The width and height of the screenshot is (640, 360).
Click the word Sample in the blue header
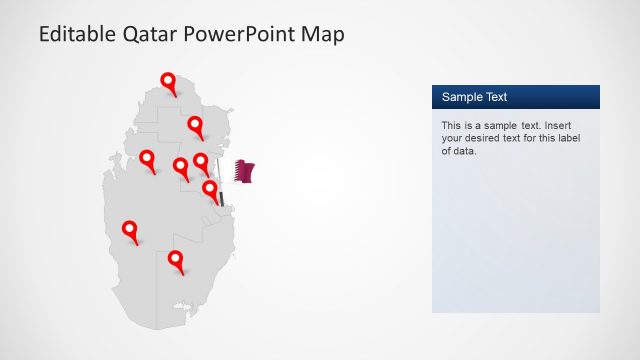(x=463, y=97)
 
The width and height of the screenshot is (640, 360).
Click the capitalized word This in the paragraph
(x=451, y=126)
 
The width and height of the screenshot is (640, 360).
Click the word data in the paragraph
(x=465, y=152)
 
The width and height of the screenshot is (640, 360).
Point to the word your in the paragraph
(x=453, y=139)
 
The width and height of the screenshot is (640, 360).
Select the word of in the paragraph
(x=447, y=152)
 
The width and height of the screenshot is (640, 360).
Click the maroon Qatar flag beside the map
(x=244, y=171)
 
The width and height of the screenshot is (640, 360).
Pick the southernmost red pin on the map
(x=177, y=261)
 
